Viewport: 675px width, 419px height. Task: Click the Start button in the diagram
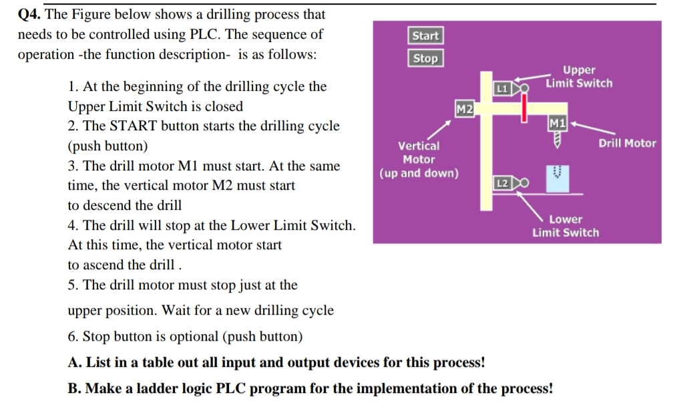pos(425,36)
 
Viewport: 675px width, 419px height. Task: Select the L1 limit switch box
pos(502,88)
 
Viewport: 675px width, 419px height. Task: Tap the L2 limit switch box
pos(502,182)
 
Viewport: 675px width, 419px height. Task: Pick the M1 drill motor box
pos(557,122)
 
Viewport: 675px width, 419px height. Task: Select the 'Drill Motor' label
pos(627,143)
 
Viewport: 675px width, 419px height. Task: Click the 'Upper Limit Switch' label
pos(578,77)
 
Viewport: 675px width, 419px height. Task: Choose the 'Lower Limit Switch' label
pos(566,226)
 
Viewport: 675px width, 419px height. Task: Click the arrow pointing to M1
pos(583,127)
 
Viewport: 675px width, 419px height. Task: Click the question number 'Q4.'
pos(29,15)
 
